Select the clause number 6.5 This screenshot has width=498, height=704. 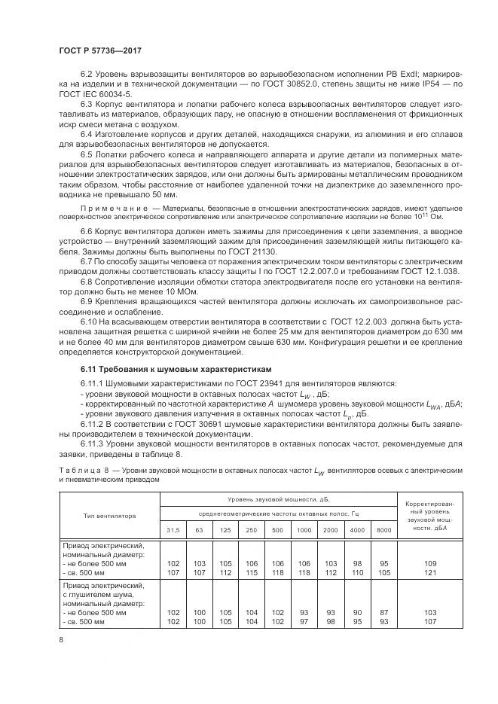87,154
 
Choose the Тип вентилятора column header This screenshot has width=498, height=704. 109,517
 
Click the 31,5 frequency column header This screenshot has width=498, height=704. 173,531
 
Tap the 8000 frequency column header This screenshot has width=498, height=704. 383,531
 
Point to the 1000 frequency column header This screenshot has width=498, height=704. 304,531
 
